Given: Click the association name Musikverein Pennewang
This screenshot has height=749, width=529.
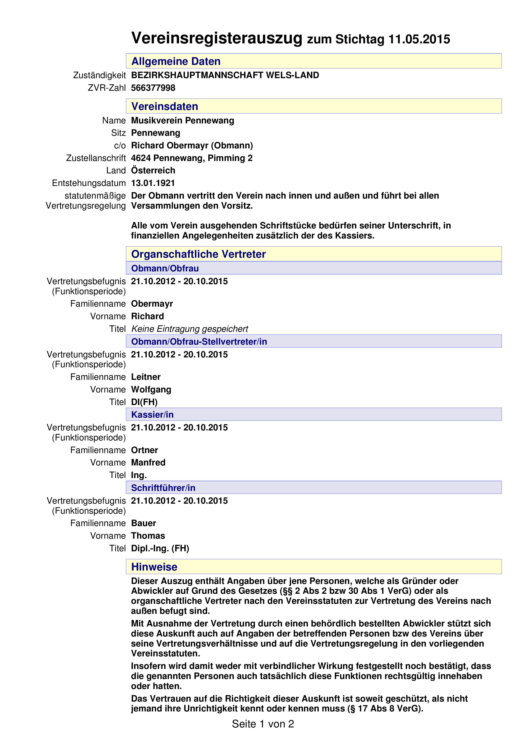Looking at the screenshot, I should click(x=182, y=120).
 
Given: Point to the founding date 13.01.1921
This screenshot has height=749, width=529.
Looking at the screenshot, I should click(x=153, y=183).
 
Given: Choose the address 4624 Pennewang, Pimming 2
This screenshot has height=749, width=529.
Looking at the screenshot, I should click(x=192, y=158).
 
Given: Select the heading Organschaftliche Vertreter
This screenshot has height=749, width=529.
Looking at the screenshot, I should click(x=198, y=254).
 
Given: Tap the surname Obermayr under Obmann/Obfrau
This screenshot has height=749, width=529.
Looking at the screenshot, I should click(x=152, y=304).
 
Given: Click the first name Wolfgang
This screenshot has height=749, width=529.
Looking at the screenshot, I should click(x=151, y=389).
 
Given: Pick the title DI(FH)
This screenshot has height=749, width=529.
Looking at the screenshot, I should click(x=144, y=402).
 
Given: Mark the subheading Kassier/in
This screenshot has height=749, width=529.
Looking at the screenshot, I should click(x=152, y=415).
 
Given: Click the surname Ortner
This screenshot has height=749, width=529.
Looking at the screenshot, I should click(x=144, y=450).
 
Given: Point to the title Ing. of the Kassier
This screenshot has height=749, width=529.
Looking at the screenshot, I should click(x=139, y=475).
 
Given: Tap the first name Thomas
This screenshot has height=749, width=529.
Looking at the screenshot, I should click(x=148, y=536).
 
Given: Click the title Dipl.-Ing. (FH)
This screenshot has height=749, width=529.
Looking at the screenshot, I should click(x=160, y=548).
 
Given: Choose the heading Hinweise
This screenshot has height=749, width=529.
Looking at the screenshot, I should click(x=154, y=567).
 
